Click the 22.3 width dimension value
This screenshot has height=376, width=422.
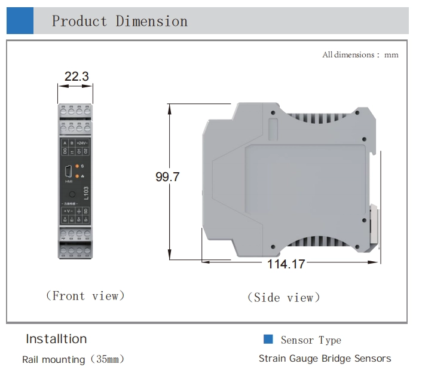pos(76,77)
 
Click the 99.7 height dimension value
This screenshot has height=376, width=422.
pos(167,178)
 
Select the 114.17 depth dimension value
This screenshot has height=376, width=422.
pos(285,264)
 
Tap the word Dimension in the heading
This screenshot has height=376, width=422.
pos(152,22)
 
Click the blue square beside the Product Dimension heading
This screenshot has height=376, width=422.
pos(20,21)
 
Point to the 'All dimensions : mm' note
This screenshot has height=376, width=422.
pos(360,55)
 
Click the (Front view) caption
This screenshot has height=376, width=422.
pos(85,296)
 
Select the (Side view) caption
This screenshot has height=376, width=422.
pos(283,297)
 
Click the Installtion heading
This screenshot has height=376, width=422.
pos(56,339)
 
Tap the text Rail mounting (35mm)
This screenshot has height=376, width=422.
pos(73,360)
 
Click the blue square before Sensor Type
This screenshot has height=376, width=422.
pos(268,340)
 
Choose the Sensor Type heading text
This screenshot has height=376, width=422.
pos(311,340)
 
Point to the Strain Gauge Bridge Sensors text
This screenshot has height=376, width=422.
pos(325,359)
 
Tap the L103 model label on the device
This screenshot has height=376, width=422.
pos(85,193)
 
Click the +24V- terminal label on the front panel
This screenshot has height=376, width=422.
pos(82,143)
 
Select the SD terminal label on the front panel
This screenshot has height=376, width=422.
pos(86,211)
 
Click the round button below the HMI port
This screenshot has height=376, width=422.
pos(72,194)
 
